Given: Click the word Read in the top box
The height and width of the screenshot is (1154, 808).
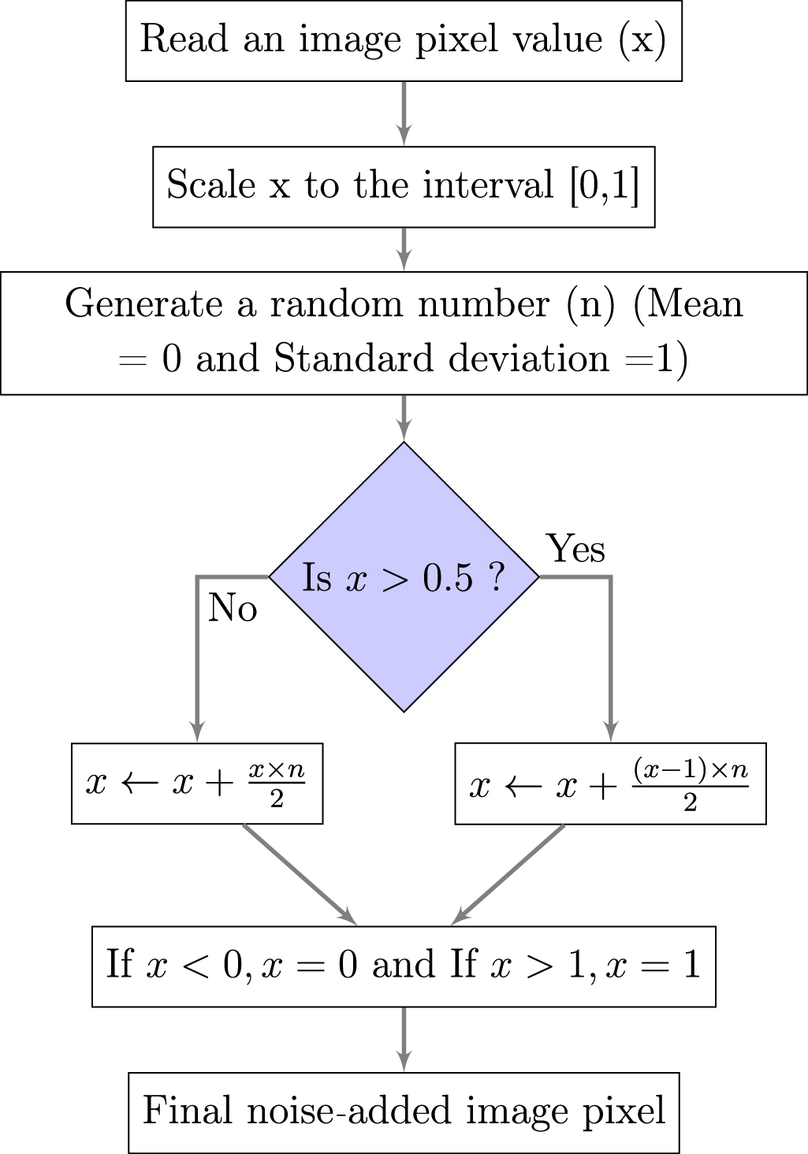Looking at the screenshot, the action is click(x=184, y=39).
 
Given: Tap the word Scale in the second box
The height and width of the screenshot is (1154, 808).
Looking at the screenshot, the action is click(x=210, y=184).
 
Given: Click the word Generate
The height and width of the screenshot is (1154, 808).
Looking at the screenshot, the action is click(x=143, y=304).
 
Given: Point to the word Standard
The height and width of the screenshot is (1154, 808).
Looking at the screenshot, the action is click(x=353, y=358).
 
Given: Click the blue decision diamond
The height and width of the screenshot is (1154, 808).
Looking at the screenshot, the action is click(x=404, y=577).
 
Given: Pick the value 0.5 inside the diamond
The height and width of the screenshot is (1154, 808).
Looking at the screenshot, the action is click(x=447, y=578).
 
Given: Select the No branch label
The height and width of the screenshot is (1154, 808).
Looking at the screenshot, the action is click(x=233, y=608).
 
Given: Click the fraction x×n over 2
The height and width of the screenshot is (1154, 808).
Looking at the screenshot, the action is click(x=277, y=784).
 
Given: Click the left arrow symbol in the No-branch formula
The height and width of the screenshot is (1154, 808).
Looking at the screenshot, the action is click(x=138, y=784).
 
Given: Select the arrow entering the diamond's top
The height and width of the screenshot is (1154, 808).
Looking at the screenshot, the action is click(x=404, y=419).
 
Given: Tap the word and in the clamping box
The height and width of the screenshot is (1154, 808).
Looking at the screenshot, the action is click(x=403, y=964).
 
